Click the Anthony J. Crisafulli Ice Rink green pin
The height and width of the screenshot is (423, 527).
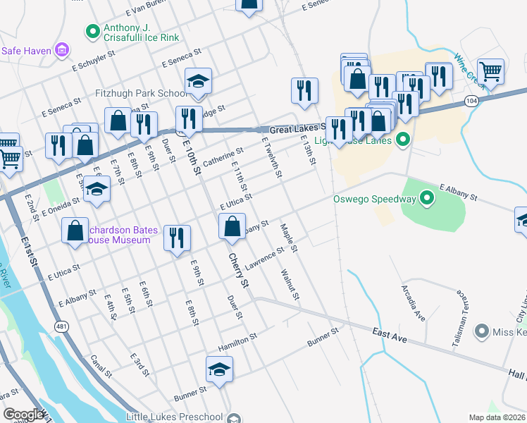tap(92, 31)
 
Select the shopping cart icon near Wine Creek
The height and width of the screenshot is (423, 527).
tap(490, 70)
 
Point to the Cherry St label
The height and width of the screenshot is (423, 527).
tap(240, 271)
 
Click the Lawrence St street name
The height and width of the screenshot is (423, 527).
tap(264, 254)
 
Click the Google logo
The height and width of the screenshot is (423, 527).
tap(23, 415)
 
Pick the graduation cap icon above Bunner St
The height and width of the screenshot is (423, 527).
tap(219, 369)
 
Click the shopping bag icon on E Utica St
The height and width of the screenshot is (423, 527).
tap(232, 227)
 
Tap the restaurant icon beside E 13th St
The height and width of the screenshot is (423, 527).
tap(304, 90)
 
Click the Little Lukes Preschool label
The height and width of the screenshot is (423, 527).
tap(174, 417)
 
